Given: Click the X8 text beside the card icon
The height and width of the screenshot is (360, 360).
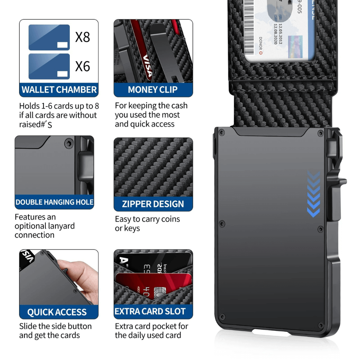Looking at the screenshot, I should point(82,37).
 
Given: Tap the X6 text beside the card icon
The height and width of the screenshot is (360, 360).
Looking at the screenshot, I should point(82,66).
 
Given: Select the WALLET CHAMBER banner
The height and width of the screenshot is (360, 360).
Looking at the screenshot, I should point(59,90).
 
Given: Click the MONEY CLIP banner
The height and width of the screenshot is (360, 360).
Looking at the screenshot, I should point(153,90).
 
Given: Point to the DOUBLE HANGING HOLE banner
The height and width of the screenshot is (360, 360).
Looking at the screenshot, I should point(54,202).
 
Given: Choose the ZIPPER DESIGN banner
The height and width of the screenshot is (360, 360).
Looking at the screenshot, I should point(153,204).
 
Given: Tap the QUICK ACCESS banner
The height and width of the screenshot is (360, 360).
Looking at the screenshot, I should point(57,312).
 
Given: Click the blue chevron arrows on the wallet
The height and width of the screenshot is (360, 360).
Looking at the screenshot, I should point(314,194).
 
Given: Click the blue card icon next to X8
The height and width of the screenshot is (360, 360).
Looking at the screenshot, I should point(49,37).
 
